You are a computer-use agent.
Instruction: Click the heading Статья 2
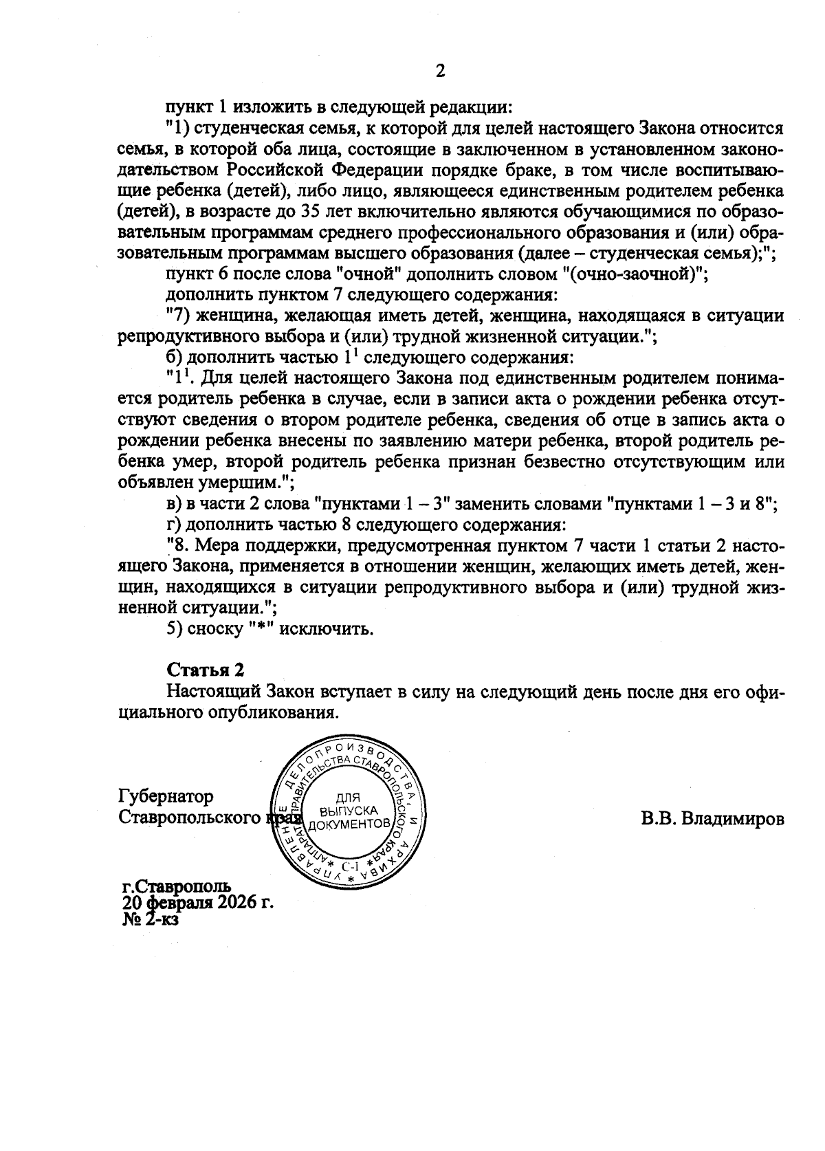tap(206, 670)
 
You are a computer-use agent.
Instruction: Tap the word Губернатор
tap(166, 796)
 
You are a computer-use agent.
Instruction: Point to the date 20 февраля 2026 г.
tap(198, 902)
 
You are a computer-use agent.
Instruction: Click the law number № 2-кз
tap(150, 919)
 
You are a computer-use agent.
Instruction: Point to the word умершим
tap(250, 481)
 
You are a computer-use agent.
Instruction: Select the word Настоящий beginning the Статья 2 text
tap(214, 692)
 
